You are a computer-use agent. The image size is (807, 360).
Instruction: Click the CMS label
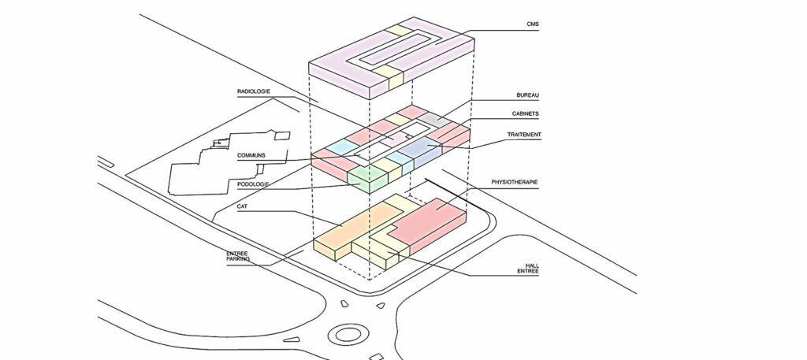(x=533, y=24)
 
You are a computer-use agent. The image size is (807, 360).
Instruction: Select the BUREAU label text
(x=527, y=95)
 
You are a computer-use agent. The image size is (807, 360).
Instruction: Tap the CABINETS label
(x=525, y=113)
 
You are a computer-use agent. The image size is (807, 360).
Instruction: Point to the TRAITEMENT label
(x=524, y=135)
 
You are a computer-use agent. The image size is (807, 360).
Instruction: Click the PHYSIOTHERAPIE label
(x=515, y=182)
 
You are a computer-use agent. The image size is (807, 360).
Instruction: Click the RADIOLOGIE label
(x=253, y=91)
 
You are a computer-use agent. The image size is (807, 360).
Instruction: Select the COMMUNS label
(x=251, y=155)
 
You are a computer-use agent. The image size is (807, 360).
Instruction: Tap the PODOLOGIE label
(x=252, y=184)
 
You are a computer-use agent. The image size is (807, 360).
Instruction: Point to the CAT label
(x=242, y=206)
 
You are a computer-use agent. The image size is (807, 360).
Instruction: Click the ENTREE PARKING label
(x=238, y=256)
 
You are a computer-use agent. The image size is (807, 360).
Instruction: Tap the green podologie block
(x=367, y=180)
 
